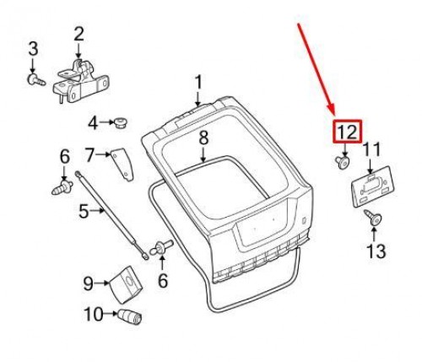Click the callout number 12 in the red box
[x=348, y=132]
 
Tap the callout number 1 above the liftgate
[x=198, y=83]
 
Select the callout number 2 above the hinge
[x=78, y=34]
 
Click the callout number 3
[x=33, y=49]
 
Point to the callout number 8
[x=203, y=138]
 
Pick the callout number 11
[x=371, y=149]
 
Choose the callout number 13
[x=376, y=251]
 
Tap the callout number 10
[x=94, y=314]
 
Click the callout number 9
[x=88, y=284]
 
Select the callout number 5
[x=84, y=211]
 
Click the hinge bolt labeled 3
[x=36, y=79]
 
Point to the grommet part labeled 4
[x=121, y=123]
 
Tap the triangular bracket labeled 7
[x=122, y=165]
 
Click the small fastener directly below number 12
[x=343, y=163]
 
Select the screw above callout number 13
[x=373, y=218]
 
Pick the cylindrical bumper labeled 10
[x=129, y=316]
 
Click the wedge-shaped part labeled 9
[x=127, y=284]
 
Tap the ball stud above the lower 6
[x=161, y=247]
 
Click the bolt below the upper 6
[x=62, y=187]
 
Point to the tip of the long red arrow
[x=335, y=115]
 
